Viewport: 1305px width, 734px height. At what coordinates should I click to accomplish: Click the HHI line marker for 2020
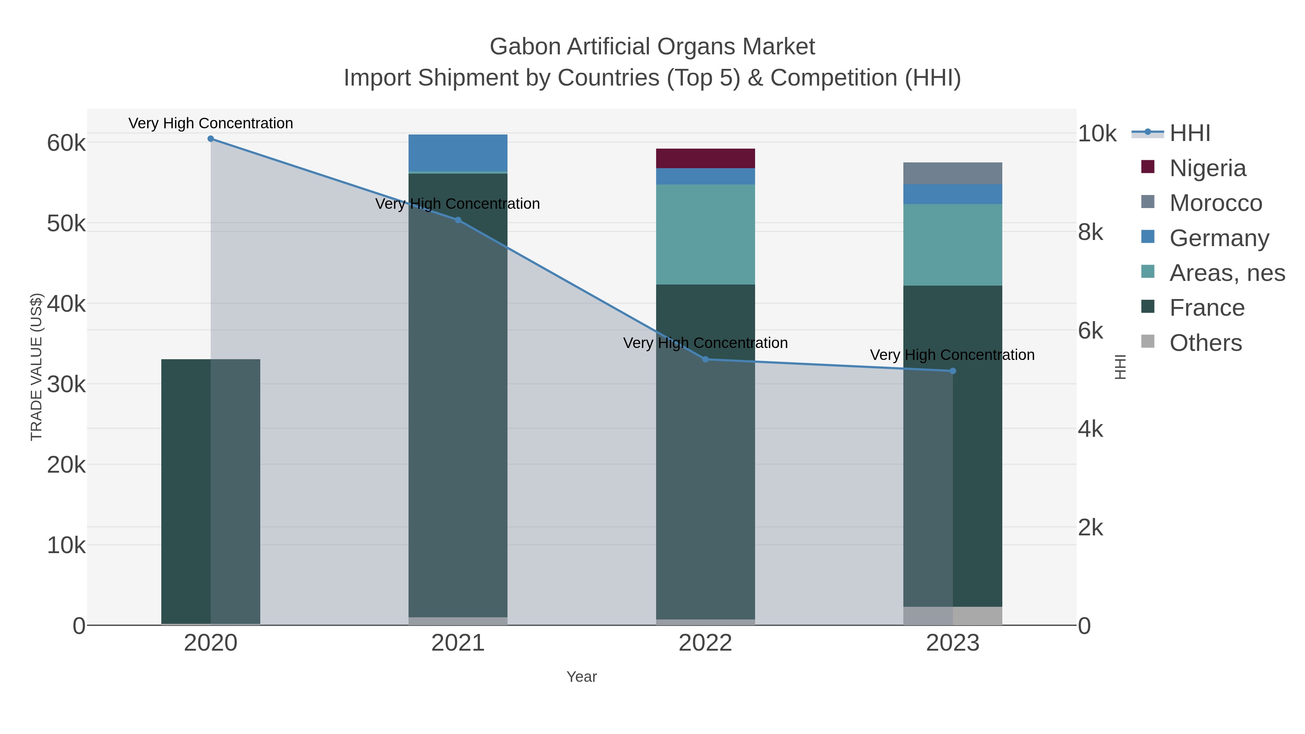211,139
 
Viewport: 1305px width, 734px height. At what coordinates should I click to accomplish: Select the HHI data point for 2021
458,220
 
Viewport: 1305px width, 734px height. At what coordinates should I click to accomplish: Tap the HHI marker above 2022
705,360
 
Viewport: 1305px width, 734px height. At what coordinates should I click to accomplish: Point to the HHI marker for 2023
952,371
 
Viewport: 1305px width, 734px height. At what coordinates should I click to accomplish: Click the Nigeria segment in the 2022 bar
705,158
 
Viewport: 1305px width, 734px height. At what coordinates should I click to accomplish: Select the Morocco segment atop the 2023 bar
952,173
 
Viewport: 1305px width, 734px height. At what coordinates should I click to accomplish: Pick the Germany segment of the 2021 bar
458,153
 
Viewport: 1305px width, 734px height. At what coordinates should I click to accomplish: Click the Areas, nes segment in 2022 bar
705,234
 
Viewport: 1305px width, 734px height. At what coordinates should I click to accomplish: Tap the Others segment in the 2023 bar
952,615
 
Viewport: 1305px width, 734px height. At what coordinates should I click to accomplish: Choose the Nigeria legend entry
1207,168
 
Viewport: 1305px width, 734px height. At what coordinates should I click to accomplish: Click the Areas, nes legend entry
1226,273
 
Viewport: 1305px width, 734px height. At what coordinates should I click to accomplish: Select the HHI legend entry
1189,133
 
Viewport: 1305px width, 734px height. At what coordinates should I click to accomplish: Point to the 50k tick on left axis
66,223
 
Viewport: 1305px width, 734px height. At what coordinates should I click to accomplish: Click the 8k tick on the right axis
1091,232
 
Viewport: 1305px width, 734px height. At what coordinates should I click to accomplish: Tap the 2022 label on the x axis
705,643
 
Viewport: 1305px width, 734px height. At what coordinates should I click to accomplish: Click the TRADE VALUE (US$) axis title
37,367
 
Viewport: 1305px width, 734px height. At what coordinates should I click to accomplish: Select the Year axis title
581,677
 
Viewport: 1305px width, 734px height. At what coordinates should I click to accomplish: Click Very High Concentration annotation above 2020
211,124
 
